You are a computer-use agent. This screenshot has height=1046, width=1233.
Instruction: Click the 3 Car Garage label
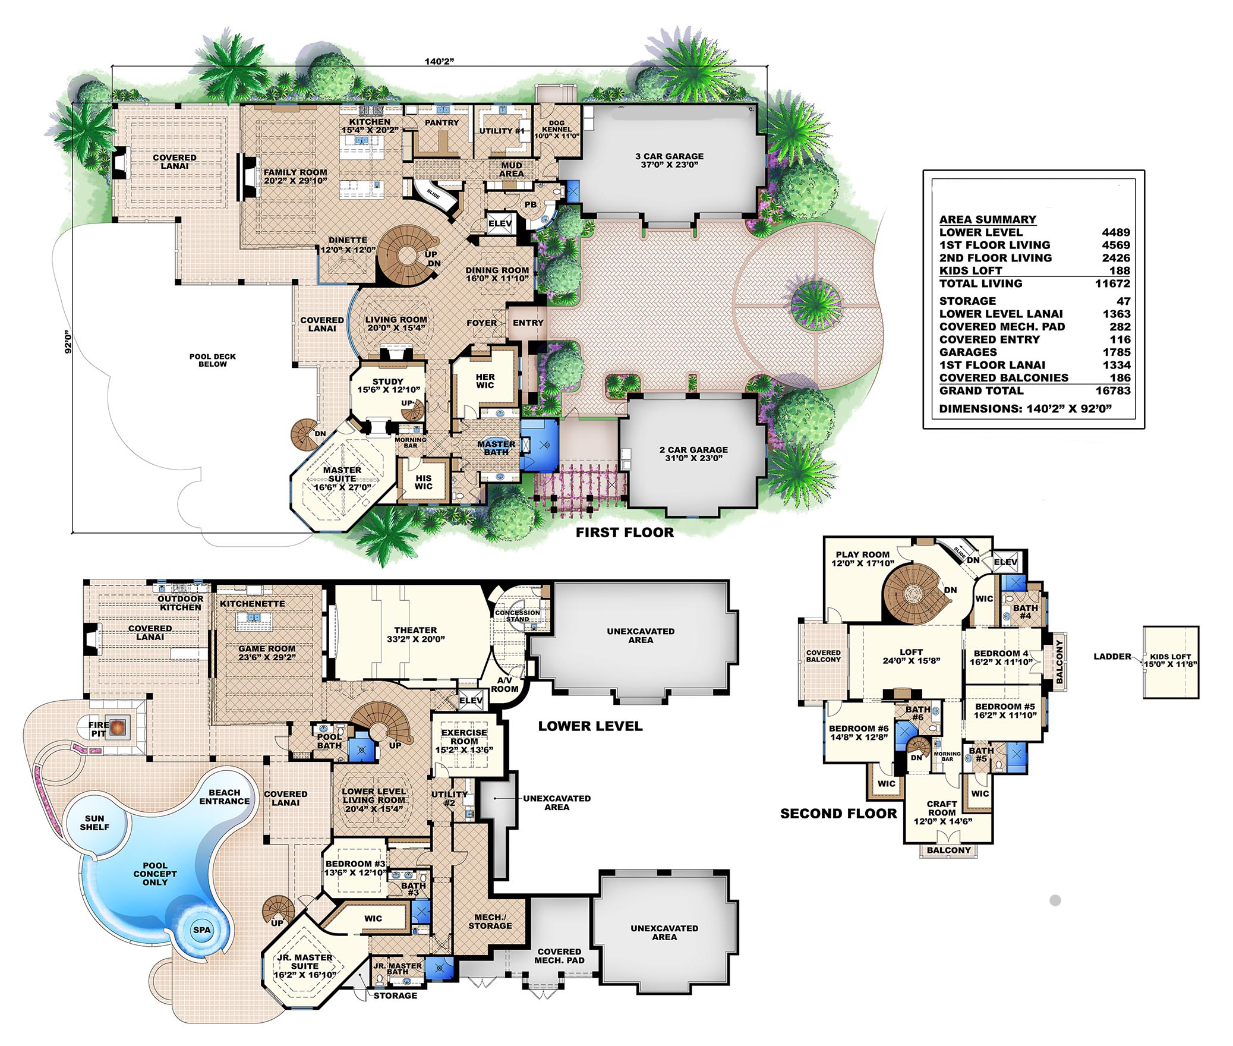669,160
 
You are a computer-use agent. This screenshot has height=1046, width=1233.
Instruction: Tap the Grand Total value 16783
1112,391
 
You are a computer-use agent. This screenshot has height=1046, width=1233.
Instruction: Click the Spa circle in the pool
201,930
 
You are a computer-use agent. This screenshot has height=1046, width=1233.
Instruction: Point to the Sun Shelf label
94,823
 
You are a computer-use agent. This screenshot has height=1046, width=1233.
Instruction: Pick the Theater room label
415,634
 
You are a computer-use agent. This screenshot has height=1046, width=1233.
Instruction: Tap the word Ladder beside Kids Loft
1112,657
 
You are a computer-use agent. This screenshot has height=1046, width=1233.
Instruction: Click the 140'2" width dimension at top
439,61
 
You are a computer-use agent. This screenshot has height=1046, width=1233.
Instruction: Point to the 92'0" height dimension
68,342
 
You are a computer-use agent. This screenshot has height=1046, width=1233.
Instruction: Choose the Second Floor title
838,814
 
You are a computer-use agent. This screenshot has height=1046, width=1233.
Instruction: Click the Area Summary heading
987,219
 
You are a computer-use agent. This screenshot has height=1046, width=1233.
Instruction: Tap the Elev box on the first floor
500,224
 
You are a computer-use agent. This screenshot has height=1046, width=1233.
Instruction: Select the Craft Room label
942,812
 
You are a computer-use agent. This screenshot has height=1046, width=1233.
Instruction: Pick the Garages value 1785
1115,352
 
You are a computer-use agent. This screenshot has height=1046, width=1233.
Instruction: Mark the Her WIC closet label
485,381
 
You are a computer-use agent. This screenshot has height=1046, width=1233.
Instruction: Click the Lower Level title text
590,726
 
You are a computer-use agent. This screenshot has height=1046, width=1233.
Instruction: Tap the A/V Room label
504,684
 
